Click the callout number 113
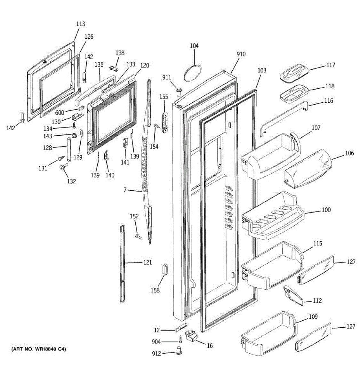[81, 24]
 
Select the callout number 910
[241, 54]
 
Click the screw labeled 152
[138, 237]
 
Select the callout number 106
[349, 153]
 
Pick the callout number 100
[326, 210]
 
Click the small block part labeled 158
[165, 269]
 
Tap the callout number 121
[148, 263]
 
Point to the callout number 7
[125, 190]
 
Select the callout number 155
[164, 97]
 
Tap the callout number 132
[71, 181]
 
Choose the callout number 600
[60, 112]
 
